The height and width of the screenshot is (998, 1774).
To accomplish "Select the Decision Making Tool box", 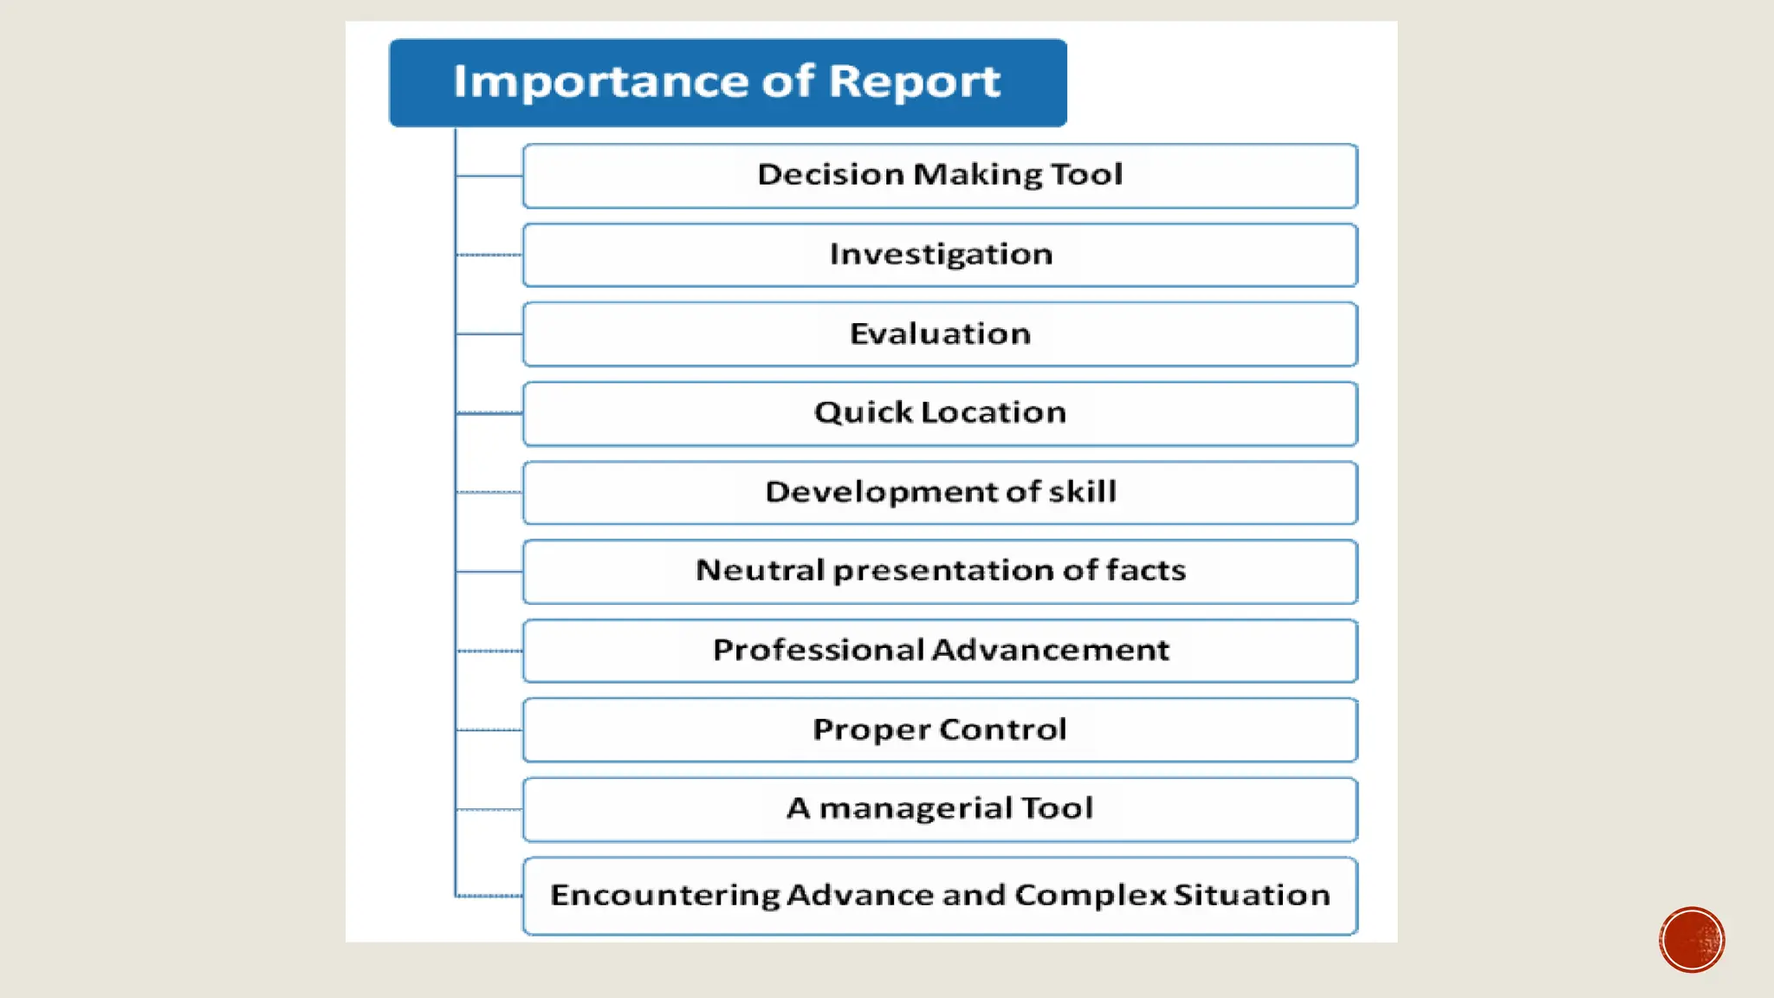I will (940, 176).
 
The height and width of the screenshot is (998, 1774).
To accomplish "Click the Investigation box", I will (940, 256).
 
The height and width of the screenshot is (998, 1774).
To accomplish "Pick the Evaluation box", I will (940, 334).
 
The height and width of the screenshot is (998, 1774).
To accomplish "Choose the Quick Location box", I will (940, 413).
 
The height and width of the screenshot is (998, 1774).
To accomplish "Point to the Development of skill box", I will (940, 493).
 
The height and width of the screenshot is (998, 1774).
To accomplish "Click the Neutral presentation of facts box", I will (940, 572).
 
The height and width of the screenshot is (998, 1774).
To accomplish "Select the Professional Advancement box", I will (940, 651).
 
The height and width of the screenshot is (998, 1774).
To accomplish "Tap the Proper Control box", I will (940, 730).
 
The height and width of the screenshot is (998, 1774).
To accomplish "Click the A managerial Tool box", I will (940, 809).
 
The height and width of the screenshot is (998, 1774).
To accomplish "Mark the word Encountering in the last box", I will (664, 896).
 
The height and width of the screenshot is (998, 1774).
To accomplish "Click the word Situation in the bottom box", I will (1252, 895).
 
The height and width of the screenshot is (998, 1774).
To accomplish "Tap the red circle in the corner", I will (1692, 940).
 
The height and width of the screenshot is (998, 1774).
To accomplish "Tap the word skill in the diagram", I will (1082, 492).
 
